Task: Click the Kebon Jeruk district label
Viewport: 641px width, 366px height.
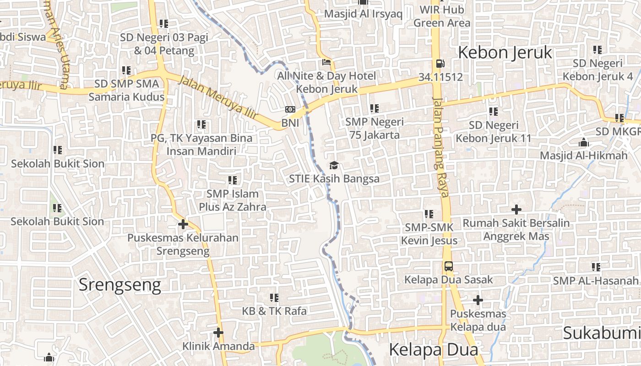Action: [505, 53]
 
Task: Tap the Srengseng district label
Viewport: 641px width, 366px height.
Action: [120, 285]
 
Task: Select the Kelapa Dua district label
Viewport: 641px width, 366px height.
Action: [433, 350]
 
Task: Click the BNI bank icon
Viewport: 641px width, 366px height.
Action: [290, 109]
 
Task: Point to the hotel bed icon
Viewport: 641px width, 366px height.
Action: [326, 62]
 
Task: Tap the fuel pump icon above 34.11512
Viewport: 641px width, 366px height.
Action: [440, 64]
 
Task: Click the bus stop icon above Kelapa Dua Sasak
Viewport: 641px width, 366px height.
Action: [449, 266]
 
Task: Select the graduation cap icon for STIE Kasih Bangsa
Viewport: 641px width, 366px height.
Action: [334, 165]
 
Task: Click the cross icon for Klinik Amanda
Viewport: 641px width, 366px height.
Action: [218, 333]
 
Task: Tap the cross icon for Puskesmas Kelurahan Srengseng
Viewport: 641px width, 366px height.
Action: [183, 224]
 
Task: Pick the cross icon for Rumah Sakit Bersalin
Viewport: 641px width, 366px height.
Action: [516, 210]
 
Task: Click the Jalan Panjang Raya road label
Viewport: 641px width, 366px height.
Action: [440, 146]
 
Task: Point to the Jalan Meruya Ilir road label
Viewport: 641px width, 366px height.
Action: [218, 98]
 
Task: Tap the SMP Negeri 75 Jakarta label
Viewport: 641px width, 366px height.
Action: [375, 128]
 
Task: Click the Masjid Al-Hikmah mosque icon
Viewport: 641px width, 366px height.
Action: [584, 142]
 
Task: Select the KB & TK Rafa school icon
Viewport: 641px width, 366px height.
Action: [274, 298]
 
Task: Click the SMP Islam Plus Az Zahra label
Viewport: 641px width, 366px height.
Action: [233, 200]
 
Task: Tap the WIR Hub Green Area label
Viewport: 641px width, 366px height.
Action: [442, 16]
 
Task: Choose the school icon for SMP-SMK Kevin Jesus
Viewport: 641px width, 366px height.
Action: [429, 214]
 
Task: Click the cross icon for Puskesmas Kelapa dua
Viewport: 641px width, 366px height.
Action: [478, 300]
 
